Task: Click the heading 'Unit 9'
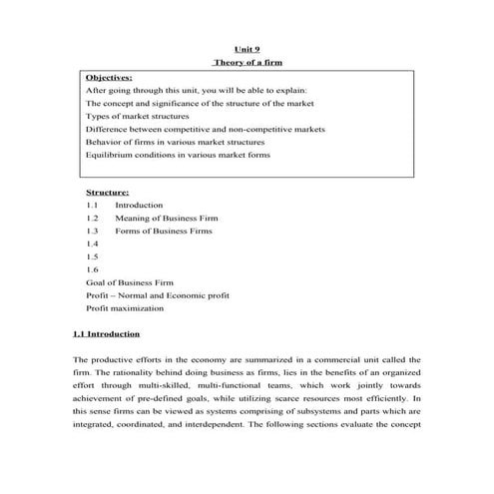point(247,47)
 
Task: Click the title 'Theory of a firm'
point(247,62)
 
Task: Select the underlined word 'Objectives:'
point(109,77)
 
